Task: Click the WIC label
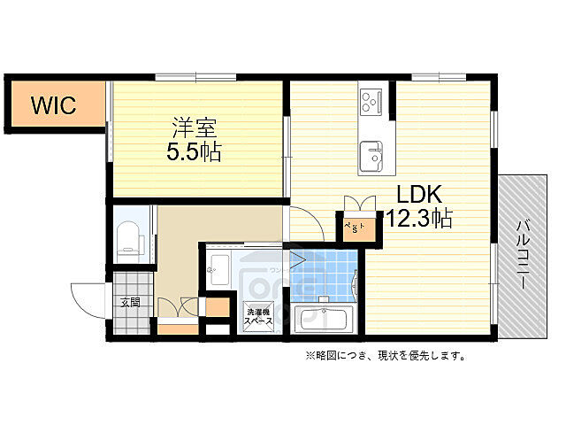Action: (55, 105)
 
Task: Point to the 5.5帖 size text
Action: (195, 151)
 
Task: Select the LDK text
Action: (417, 195)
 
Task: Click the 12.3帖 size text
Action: (418, 219)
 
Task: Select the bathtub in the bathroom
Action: (326, 319)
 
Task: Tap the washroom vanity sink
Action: (220, 267)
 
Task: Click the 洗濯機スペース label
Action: (259, 316)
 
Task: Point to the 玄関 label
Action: (131, 302)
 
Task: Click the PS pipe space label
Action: (358, 228)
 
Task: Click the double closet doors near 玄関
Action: (178, 308)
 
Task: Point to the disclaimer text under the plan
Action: (386, 356)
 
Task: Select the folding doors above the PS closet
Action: (358, 203)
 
